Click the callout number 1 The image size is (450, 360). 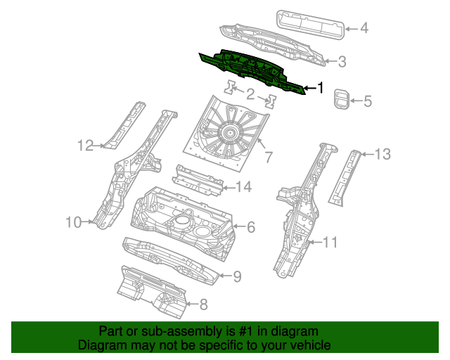point(321,89)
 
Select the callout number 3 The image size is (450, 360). point(342,63)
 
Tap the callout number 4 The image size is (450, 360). point(364,29)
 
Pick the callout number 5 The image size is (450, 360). point(367,101)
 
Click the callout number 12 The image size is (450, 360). point(85,146)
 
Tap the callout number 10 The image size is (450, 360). point(74,223)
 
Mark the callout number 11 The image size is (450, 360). point(330,243)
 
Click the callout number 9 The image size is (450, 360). point(237,276)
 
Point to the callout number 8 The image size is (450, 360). point(203,304)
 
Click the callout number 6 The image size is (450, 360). point(250,226)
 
